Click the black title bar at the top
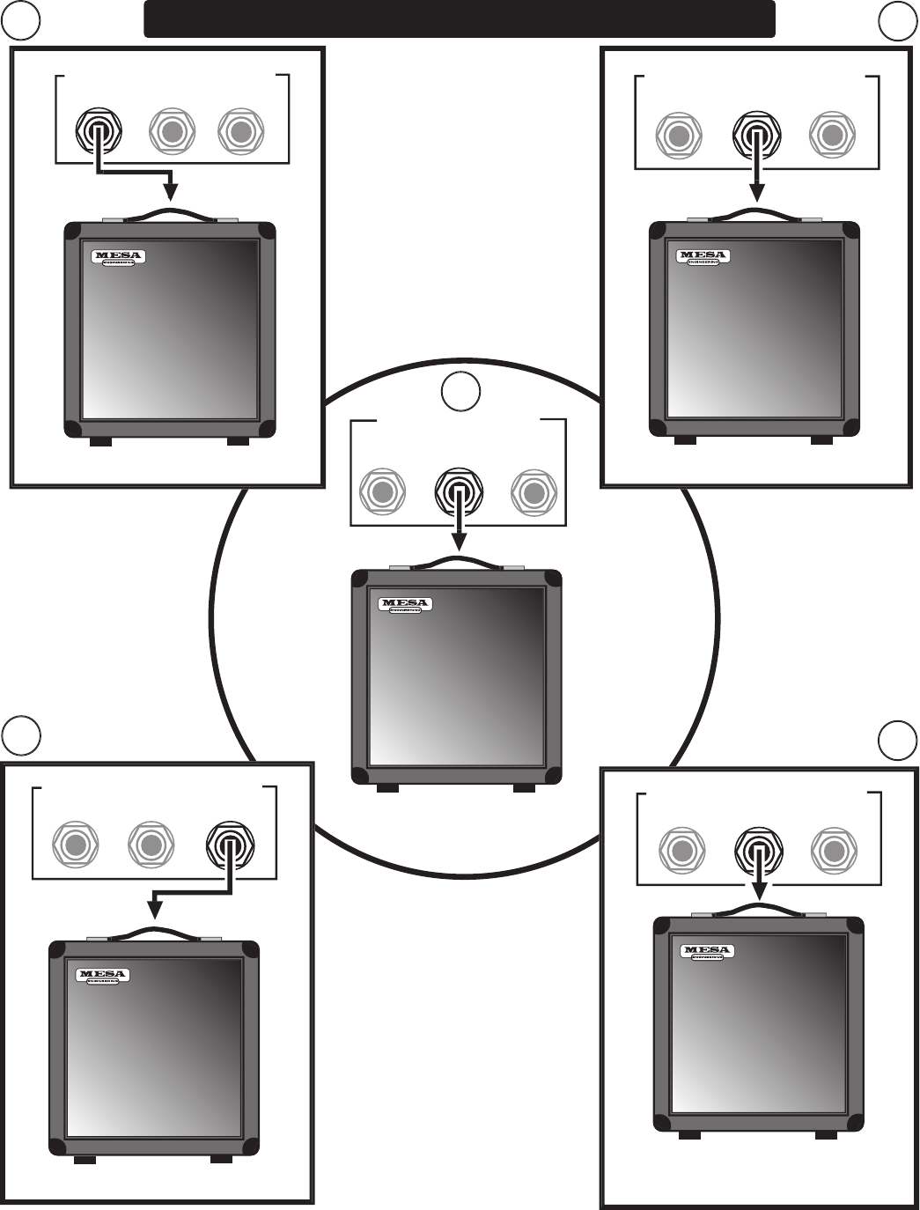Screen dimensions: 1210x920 pyautogui.click(x=459, y=18)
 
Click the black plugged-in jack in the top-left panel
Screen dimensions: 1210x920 pyautogui.click(x=99, y=131)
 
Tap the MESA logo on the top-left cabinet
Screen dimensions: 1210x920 pyautogui.click(x=117, y=257)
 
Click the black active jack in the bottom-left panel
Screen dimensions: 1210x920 pyautogui.click(x=229, y=845)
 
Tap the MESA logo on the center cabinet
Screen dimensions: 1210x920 pyautogui.click(x=405, y=605)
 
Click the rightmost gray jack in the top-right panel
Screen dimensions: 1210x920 pyautogui.click(x=831, y=136)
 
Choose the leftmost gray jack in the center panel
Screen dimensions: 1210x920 pyautogui.click(x=382, y=491)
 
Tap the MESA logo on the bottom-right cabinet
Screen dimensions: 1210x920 pyautogui.click(x=707, y=951)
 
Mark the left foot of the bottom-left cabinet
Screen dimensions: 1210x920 pyautogui.click(x=85, y=1160)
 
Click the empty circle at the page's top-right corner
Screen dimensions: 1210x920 pyautogui.click(x=897, y=21)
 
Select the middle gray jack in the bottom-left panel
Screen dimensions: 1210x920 pyautogui.click(x=151, y=845)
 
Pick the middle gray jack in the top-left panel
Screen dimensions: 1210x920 pyautogui.click(x=172, y=131)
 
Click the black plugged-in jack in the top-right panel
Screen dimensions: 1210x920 pyautogui.click(x=755, y=136)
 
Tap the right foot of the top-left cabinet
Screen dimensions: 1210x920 pyautogui.click(x=238, y=441)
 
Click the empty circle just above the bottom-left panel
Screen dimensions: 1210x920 pyautogui.click(x=20, y=735)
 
